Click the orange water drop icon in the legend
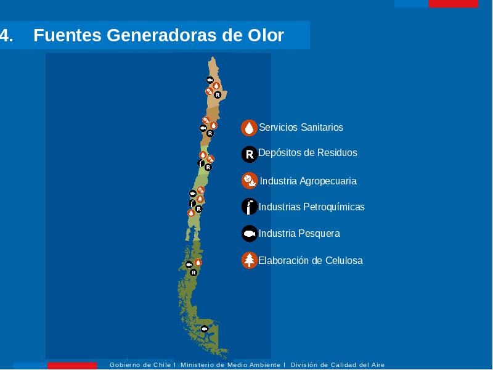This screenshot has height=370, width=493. (249, 128)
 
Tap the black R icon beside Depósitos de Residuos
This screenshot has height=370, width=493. (250, 154)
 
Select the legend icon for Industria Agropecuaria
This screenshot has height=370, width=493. (250, 181)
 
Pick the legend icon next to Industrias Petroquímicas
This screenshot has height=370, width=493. (250, 207)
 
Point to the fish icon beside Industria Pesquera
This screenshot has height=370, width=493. (250, 234)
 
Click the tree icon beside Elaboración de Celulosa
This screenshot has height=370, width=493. (250, 260)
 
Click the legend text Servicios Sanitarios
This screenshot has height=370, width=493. (301, 128)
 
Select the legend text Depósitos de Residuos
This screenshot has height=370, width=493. (308, 153)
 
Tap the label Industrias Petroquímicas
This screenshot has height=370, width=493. (311, 207)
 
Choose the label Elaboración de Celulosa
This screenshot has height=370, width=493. (311, 260)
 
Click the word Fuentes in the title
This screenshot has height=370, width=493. (67, 35)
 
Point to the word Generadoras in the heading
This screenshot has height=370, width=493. (162, 35)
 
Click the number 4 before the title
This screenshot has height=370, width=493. (6, 35)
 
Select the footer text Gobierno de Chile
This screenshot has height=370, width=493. (140, 364)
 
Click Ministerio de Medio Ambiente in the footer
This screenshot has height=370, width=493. (230, 364)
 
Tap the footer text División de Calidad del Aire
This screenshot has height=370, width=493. (338, 364)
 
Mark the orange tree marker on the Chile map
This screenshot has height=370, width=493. (200, 199)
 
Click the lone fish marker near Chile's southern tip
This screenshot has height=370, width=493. (205, 329)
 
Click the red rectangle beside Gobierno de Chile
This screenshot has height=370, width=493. (72, 366)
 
